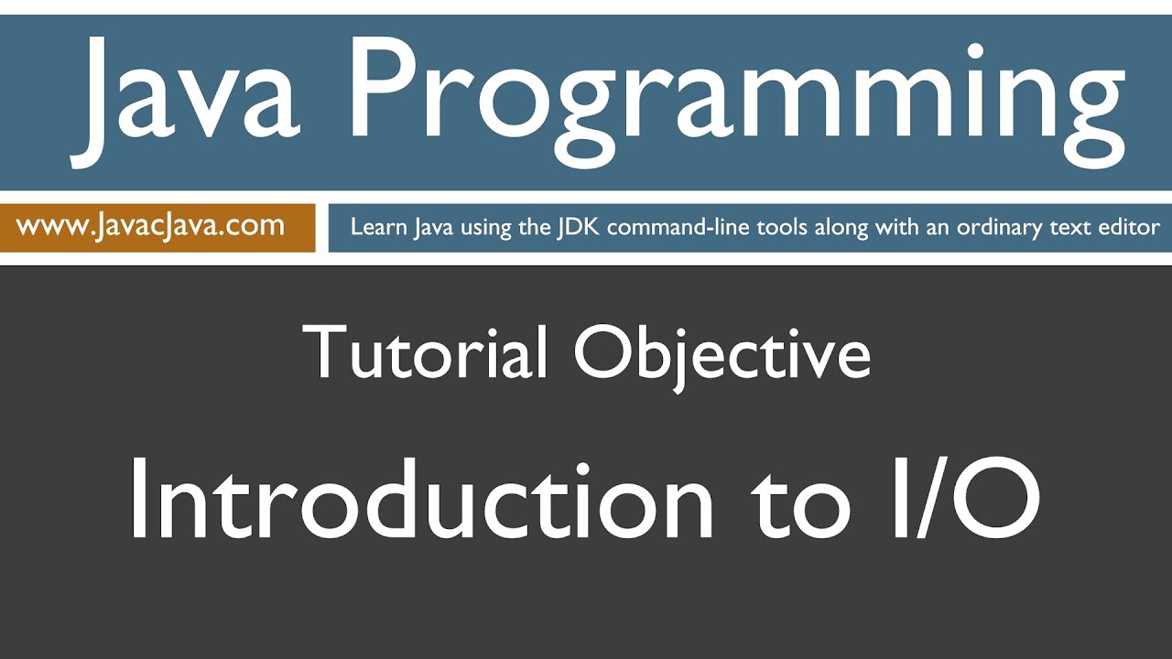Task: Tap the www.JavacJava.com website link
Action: pos(151,226)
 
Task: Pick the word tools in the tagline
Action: pos(775,227)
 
